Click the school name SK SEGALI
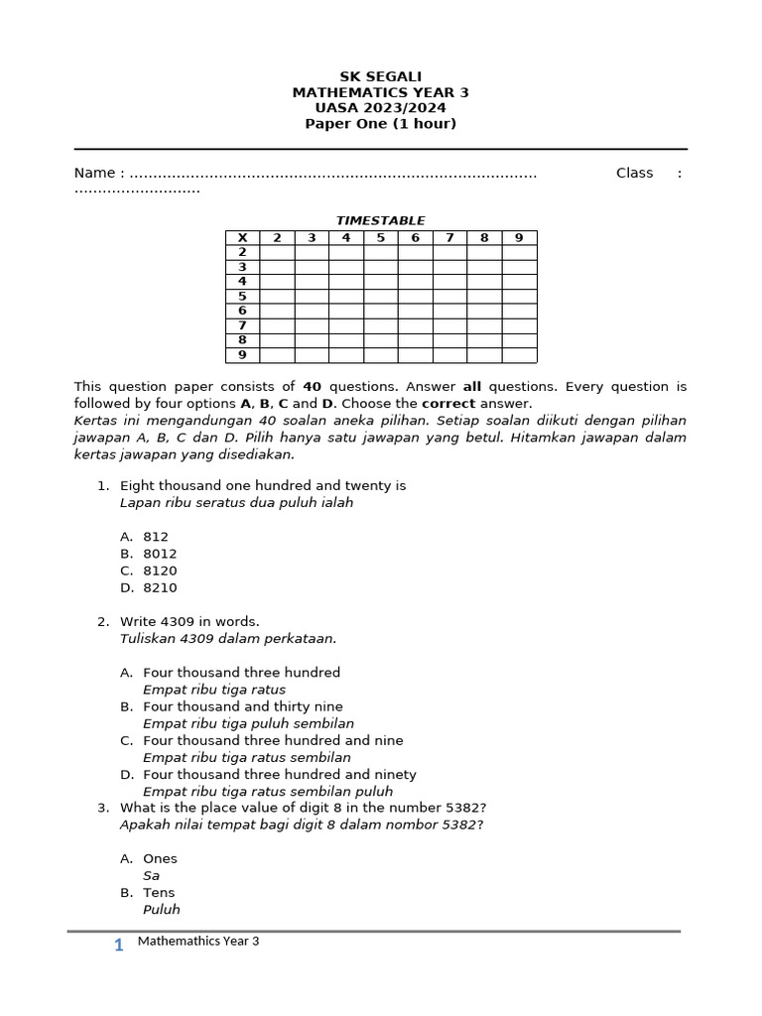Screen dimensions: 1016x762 coord(380,76)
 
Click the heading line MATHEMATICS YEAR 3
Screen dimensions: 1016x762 coord(380,92)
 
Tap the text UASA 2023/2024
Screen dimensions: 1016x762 coord(380,108)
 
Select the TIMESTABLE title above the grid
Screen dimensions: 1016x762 coord(380,221)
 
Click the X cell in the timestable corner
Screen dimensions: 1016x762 coord(242,238)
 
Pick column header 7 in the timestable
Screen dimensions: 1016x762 coord(449,238)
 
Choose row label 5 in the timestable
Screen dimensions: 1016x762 coord(242,297)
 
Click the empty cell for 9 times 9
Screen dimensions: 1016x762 coord(519,355)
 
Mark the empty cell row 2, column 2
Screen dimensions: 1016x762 coord(277,253)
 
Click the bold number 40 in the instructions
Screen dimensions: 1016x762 coord(313,387)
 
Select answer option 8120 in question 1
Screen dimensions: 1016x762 coord(160,571)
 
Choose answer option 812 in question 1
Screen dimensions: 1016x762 coord(156,537)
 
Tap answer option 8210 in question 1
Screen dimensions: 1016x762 coord(160,588)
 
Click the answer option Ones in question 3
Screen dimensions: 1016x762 coord(160,859)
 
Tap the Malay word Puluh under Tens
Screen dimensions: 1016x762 coord(162,910)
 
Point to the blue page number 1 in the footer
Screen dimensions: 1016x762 coord(119,946)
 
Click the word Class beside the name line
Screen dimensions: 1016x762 coord(634,174)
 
